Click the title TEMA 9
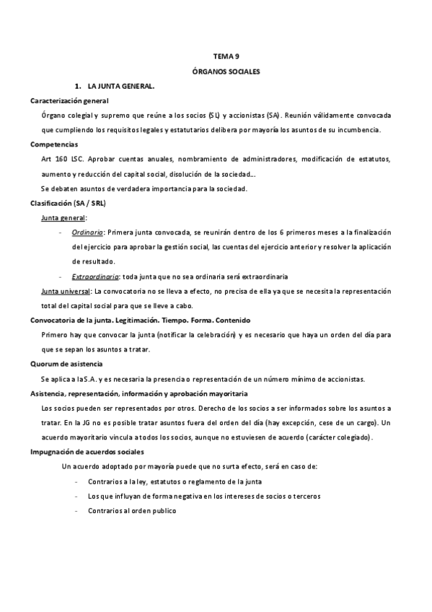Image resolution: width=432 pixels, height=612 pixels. (226, 56)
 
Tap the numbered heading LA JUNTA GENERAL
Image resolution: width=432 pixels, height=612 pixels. (120, 87)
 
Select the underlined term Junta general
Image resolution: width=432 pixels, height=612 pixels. (64, 217)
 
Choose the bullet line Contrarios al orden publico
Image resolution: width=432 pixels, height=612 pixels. (132, 510)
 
